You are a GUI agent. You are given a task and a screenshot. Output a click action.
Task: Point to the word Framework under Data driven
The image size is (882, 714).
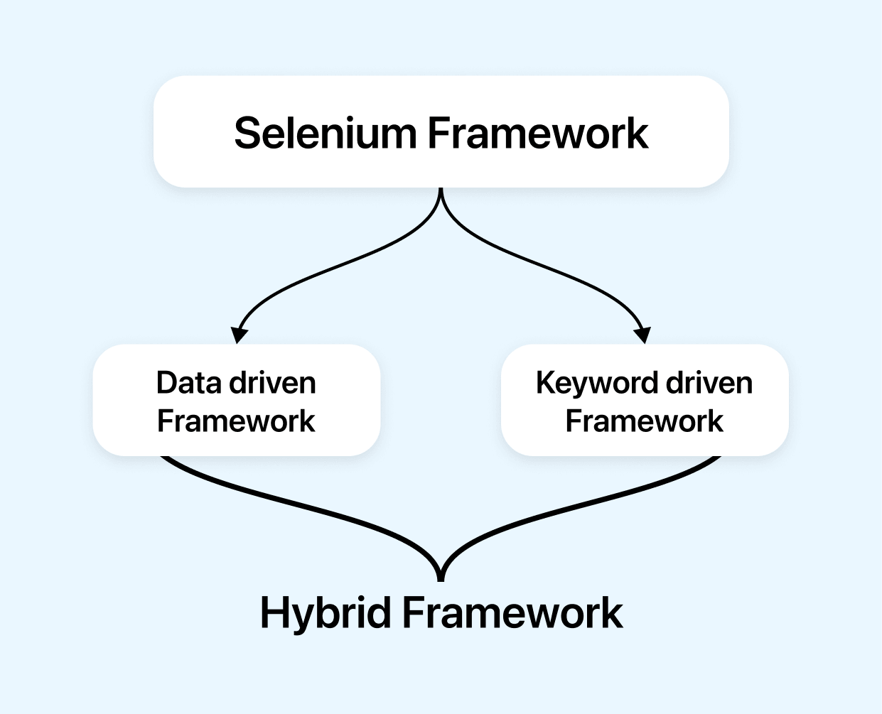click(x=236, y=421)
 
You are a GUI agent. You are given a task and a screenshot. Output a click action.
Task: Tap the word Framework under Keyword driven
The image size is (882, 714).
click(x=644, y=421)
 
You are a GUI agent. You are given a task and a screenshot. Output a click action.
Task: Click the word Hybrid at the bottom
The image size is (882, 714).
click(x=326, y=612)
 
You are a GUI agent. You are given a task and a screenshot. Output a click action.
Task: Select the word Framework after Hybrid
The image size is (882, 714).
click(x=512, y=612)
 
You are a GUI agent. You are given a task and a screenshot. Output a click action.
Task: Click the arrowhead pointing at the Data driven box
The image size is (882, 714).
click(x=240, y=335)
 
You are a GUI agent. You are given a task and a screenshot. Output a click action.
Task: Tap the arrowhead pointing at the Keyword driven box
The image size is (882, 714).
click(x=642, y=335)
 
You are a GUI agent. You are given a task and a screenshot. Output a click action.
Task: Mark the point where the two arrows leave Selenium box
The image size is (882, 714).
click(x=441, y=190)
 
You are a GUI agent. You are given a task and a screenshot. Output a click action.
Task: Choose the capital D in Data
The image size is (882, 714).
click(x=167, y=383)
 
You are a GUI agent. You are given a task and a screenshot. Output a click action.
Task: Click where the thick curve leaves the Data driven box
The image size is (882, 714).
click(x=163, y=458)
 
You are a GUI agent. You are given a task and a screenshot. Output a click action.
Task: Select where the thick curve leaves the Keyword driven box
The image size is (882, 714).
click(x=718, y=458)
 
